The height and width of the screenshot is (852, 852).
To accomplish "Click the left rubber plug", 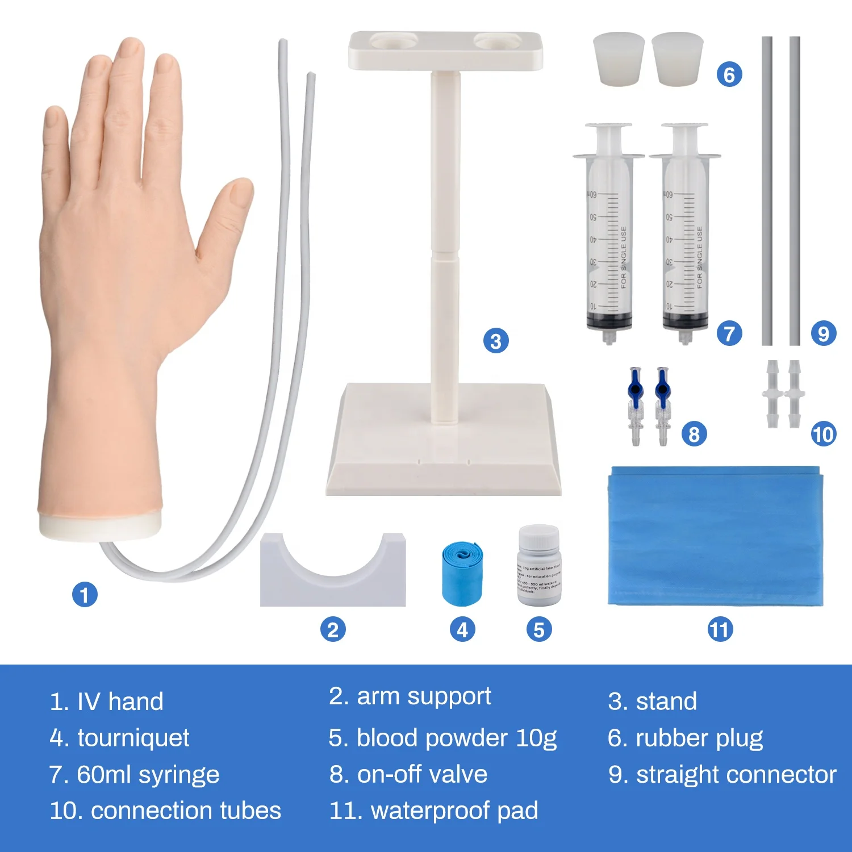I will pyautogui.click(x=619, y=59).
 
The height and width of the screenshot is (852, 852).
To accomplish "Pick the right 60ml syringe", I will pyautogui.click(x=685, y=233).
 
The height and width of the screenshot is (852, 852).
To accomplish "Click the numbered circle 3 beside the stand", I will pyautogui.click(x=496, y=341).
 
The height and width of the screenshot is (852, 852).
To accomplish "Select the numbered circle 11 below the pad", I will pyautogui.click(x=720, y=629).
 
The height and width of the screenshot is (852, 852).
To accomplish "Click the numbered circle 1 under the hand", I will pyautogui.click(x=85, y=595).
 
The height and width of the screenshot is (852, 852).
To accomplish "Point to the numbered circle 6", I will pyautogui.click(x=729, y=74).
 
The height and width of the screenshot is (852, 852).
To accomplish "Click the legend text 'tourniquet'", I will pyautogui.click(x=133, y=738).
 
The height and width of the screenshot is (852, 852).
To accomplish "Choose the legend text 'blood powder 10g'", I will pyautogui.click(x=456, y=738).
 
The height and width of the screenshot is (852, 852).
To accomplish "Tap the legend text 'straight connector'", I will pyautogui.click(x=736, y=774).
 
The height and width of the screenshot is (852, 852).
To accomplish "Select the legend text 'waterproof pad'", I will pyautogui.click(x=454, y=811).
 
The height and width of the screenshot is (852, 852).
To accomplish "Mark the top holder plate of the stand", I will pyautogui.click(x=445, y=50).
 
